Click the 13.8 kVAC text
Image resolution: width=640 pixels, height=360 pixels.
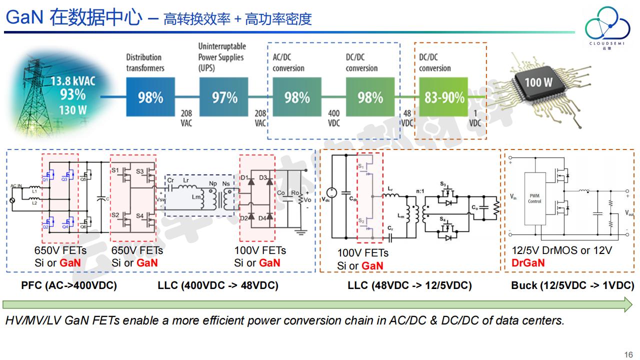click(x=72, y=81)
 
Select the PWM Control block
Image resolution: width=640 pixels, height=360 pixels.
click(x=534, y=198)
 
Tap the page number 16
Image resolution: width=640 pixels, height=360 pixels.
click(x=628, y=354)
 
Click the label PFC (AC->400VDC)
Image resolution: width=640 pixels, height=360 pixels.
click(x=69, y=286)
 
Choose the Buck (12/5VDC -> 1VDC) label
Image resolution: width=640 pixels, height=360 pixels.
click(x=572, y=286)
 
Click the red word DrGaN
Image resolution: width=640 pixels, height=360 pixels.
click(x=528, y=263)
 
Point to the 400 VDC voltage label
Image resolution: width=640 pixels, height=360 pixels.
click(x=333, y=118)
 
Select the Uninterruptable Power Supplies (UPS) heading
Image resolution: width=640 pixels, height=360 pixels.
click(x=221, y=56)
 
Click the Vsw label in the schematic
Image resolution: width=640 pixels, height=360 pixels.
click(x=160, y=200)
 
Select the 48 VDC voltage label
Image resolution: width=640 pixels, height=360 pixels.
click(x=407, y=118)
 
